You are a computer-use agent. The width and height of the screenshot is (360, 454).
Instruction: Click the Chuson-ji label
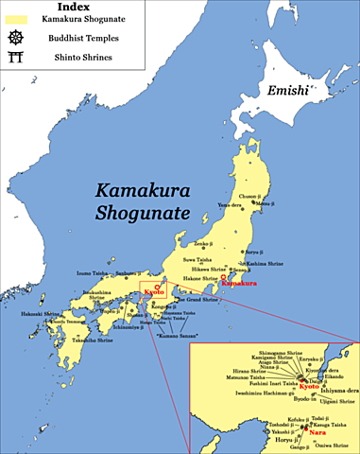(x=248, y=196)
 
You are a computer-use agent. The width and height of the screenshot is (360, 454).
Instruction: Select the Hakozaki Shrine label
(x=34, y=313)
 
